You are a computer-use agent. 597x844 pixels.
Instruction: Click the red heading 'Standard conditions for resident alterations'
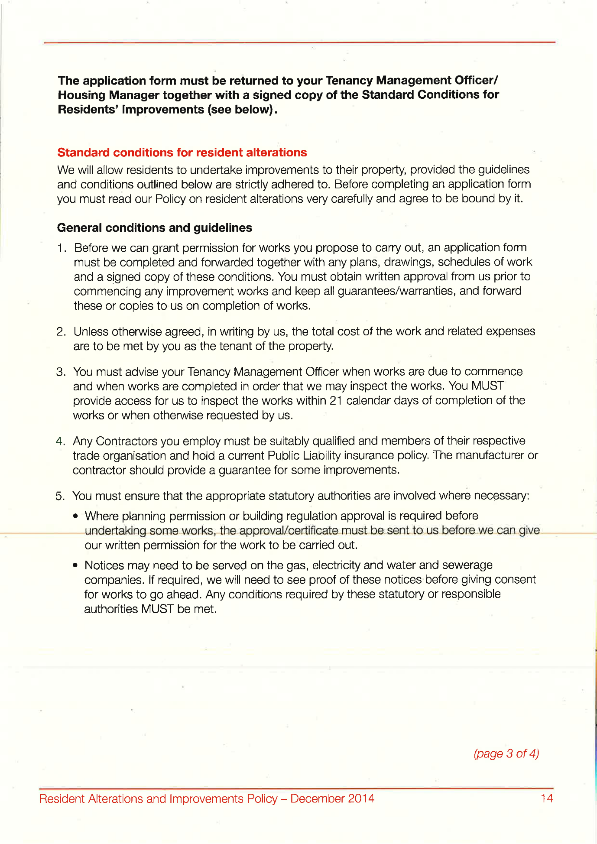(x=182, y=153)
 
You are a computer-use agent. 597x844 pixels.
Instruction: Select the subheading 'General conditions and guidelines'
(x=155, y=228)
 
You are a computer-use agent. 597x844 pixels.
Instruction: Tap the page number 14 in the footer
(x=547, y=798)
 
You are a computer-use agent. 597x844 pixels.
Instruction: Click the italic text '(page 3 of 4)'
(x=506, y=753)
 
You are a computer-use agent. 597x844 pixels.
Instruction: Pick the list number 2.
(x=61, y=332)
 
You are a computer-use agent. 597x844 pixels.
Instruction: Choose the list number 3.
(x=61, y=372)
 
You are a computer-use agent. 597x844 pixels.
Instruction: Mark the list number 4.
(x=60, y=441)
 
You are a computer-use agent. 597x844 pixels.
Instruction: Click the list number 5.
(x=60, y=496)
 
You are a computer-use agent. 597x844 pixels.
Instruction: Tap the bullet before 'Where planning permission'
(x=76, y=516)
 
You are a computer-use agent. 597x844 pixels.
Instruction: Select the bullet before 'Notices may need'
(x=75, y=566)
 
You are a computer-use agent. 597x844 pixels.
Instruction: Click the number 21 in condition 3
(x=336, y=400)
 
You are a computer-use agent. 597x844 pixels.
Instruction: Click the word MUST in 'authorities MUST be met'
(x=157, y=609)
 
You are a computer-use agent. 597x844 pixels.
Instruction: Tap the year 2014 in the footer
(x=361, y=798)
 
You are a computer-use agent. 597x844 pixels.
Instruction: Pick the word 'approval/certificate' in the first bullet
(x=288, y=530)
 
